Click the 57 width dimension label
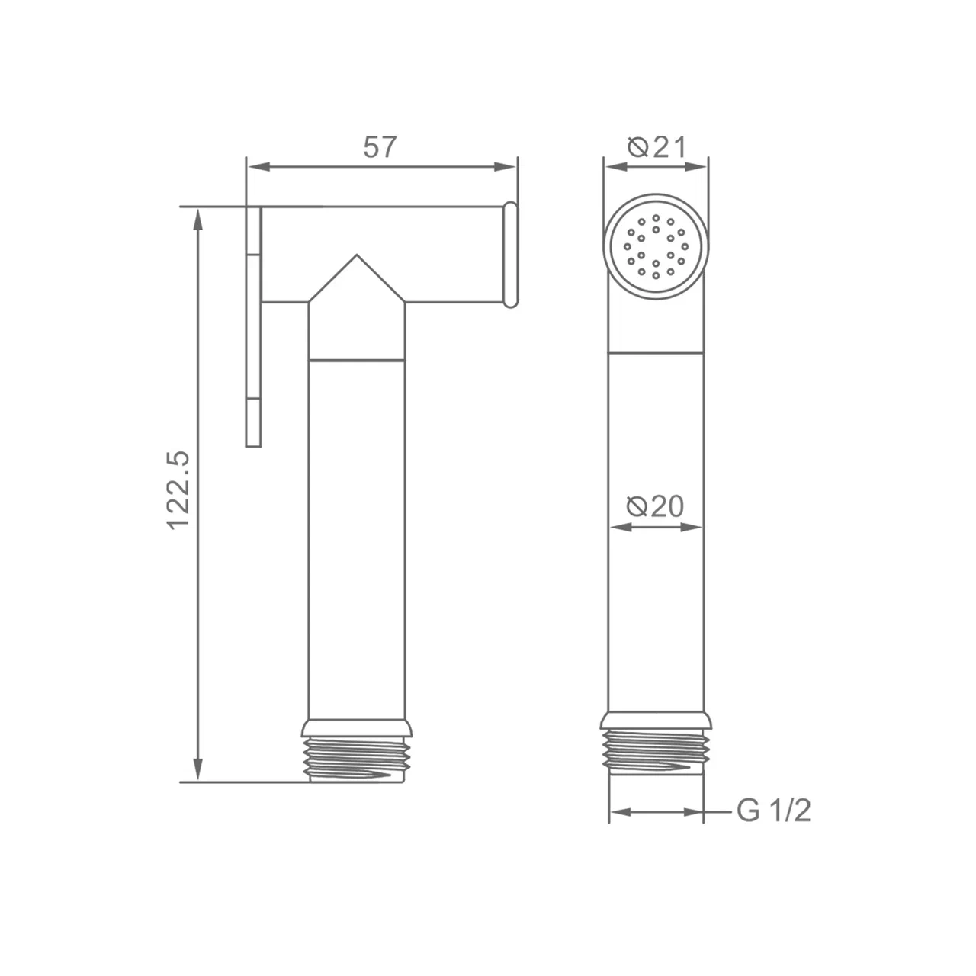380,147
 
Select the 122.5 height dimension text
178,490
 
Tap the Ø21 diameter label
657,147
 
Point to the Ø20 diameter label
655,506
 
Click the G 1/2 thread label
773,811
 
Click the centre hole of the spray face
656,246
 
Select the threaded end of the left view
357,766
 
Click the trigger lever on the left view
253,326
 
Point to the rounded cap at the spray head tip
511,255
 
